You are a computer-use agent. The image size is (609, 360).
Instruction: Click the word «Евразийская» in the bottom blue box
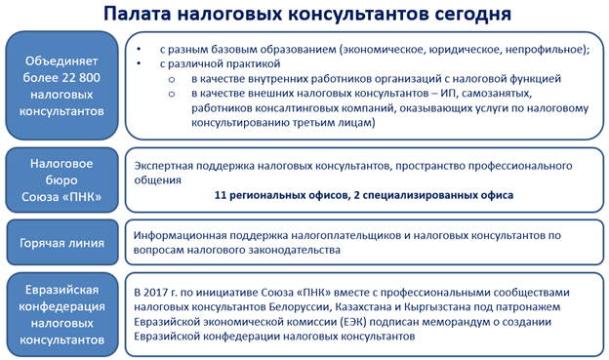tap(63, 286)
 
